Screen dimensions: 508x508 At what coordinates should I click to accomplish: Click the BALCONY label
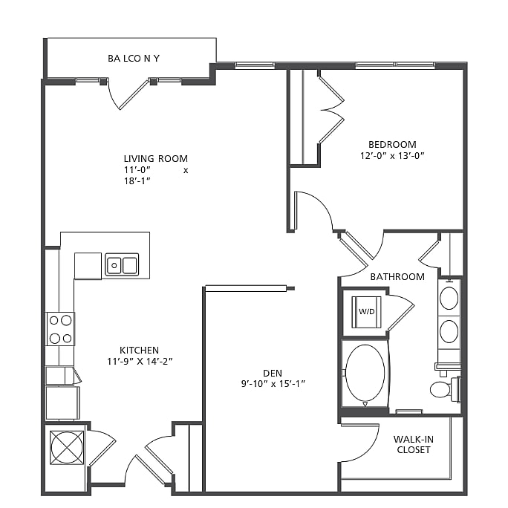[134, 57]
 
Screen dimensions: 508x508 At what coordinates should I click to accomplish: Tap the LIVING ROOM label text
[155, 158]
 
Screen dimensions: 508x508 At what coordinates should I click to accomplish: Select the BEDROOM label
[392, 144]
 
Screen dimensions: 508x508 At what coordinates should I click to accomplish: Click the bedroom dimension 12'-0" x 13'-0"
[392, 156]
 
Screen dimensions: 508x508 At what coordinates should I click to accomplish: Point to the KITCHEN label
[140, 350]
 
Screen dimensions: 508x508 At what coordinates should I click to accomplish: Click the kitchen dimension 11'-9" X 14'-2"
[140, 362]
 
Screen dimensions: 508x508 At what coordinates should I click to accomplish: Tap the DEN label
[272, 372]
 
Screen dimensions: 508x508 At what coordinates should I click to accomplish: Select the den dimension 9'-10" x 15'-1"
[272, 384]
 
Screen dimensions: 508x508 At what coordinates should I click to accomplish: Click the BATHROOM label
[397, 277]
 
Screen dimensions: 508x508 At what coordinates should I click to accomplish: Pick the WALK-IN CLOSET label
[414, 444]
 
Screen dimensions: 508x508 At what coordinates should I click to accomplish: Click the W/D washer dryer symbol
[365, 311]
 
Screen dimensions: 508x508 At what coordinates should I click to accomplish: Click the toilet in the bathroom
[443, 388]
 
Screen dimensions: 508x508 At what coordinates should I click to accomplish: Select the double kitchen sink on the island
[122, 264]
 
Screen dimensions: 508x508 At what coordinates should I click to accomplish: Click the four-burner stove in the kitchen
[61, 329]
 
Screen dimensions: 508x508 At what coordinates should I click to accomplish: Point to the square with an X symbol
[67, 447]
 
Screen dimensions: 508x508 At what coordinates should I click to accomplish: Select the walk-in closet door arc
[359, 441]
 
